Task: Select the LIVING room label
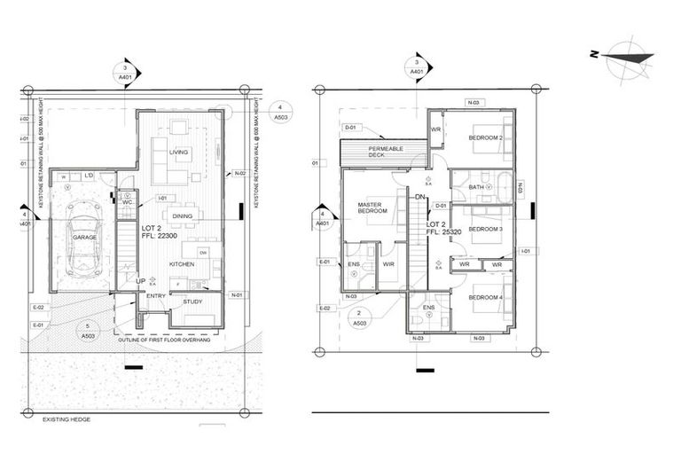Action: (x=179, y=153)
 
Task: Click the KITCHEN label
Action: (x=182, y=264)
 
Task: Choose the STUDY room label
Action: (x=192, y=302)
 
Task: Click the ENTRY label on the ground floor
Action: (x=156, y=297)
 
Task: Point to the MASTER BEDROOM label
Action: (x=370, y=209)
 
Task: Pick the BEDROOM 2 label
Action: (x=485, y=138)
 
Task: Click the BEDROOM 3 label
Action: (x=485, y=230)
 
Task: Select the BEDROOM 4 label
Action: (x=485, y=298)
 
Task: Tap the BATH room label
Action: (x=476, y=187)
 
